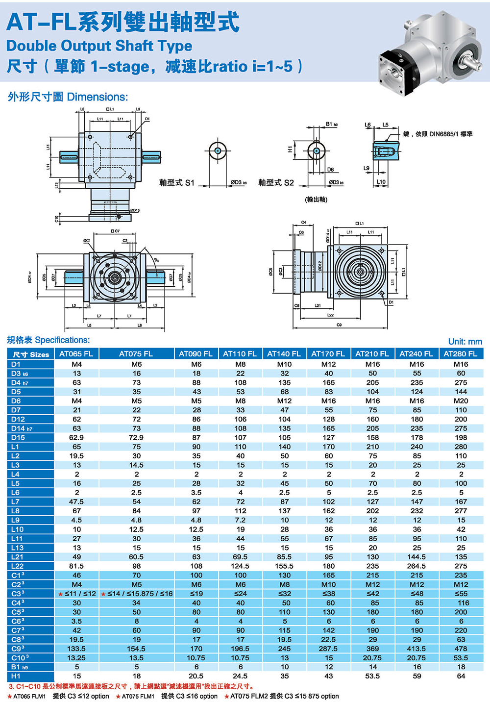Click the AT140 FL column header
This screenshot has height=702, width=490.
[284, 353]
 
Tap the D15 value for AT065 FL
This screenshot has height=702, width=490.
[76, 437]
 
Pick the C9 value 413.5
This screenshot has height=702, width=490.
[416, 649]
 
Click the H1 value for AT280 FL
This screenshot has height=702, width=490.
[461, 676]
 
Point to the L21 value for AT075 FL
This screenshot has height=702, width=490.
[136, 557]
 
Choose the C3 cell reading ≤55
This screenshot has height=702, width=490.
[461, 594]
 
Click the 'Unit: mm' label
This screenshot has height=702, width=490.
[465, 342]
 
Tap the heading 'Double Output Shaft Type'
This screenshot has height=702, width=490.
[99, 46]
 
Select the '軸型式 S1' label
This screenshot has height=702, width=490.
[176, 183]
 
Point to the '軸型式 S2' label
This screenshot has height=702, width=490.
[276, 183]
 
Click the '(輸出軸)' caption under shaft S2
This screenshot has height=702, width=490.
[316, 200]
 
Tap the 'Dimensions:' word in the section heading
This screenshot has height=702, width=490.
[97, 97]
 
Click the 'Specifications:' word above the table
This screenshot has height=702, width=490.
[62, 340]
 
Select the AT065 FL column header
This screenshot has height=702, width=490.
[76, 353]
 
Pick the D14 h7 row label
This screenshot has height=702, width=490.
[22, 428]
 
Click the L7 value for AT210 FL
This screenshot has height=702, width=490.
[372, 501]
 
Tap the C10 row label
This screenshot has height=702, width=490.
[20, 658]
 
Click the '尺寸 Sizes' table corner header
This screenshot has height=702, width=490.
[30, 354]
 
